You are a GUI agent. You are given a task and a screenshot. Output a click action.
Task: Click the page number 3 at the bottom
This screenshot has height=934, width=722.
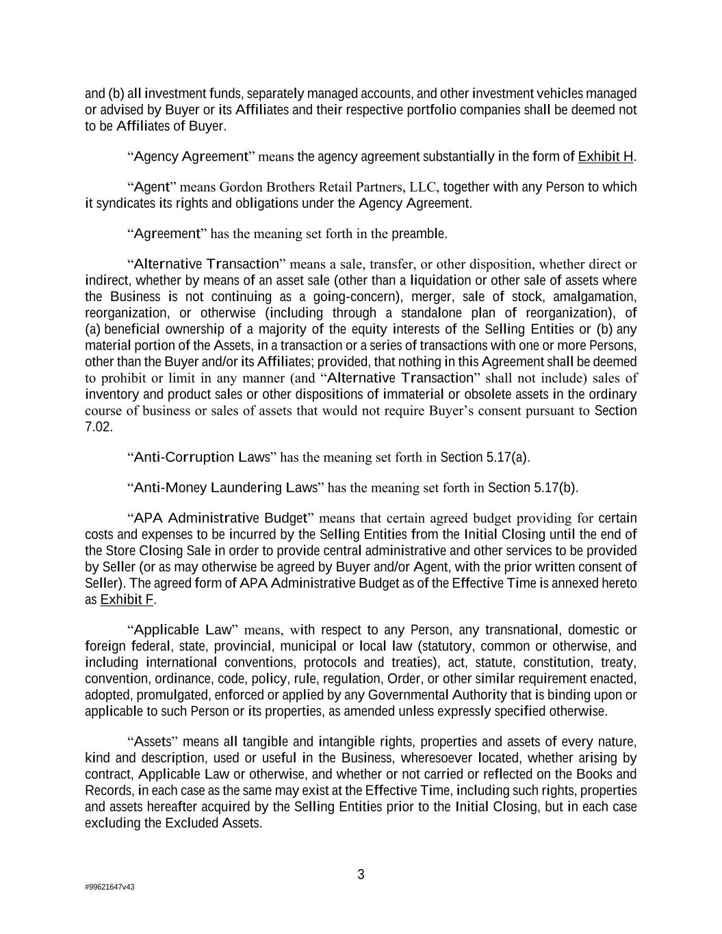pos(361,874)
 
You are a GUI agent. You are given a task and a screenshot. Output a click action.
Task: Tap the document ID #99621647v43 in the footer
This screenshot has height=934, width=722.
pos(109,887)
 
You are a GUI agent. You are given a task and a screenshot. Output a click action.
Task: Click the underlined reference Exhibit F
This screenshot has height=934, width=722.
pos(127,599)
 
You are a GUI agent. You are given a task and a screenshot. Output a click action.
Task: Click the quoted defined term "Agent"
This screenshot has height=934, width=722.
pos(152,187)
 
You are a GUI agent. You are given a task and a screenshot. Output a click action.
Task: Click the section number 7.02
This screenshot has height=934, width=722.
pos(98,426)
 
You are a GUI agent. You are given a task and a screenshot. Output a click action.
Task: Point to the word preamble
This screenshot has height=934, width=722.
pos(419,233)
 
